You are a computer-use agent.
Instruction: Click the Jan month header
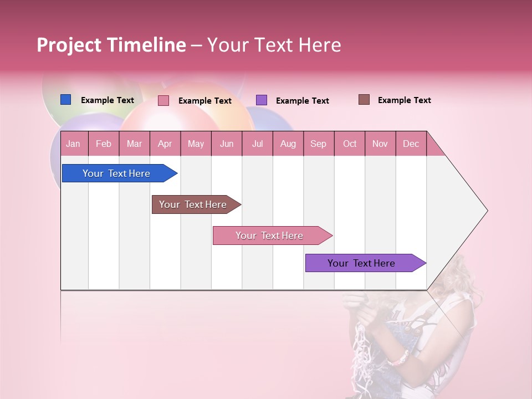[73, 144]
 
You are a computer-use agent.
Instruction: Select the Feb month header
[104, 144]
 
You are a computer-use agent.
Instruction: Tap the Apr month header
[165, 144]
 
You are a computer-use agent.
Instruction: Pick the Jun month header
[227, 144]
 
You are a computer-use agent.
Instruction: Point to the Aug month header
[288, 144]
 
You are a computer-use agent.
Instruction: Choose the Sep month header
[318, 144]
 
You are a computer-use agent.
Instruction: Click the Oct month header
[350, 144]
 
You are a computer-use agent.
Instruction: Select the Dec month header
[411, 144]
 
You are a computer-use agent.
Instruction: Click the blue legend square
[65, 100]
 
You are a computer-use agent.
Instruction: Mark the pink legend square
[163, 100]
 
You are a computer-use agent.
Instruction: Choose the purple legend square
[262, 100]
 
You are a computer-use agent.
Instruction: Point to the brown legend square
[364, 100]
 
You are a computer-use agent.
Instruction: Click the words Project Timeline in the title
[111, 45]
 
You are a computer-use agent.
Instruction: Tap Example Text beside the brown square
[404, 100]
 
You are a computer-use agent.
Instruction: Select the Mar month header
[134, 144]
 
